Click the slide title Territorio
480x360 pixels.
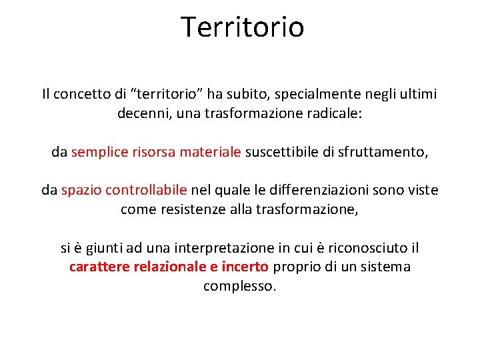point(242,27)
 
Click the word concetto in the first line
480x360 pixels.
point(81,95)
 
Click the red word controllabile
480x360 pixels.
point(147,191)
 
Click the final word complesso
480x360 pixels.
point(239,287)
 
